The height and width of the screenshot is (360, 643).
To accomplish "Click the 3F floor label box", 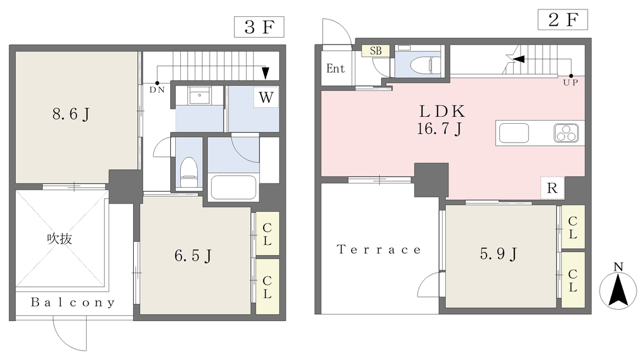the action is coord(259,27).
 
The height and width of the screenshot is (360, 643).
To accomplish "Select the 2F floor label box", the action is coord(563,19).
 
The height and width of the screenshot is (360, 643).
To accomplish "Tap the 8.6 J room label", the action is coord(71,114).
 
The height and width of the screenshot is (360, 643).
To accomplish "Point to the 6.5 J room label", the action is coord(193,256).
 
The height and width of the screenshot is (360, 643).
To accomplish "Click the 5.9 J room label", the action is coord(499,254).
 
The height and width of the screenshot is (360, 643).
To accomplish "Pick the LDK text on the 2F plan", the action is coord(441,111).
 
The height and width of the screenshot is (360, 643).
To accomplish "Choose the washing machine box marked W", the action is coord(266,97).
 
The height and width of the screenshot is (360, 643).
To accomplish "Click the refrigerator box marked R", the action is coord(552,188).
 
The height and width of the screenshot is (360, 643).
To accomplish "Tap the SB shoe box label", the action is coord(376,50).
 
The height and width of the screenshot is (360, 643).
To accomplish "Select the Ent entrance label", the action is coord(335,68).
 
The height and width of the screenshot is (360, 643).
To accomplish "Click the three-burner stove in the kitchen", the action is coord(566,133).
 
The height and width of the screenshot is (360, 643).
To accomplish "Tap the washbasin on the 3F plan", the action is coord(200,96).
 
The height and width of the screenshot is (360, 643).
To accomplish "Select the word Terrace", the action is coord(379,249).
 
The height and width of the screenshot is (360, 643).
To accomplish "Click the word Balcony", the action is coord(73,303).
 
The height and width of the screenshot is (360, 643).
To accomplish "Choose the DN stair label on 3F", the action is coord(157,90).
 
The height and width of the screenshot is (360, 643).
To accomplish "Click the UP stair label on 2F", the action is coord(570,82).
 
